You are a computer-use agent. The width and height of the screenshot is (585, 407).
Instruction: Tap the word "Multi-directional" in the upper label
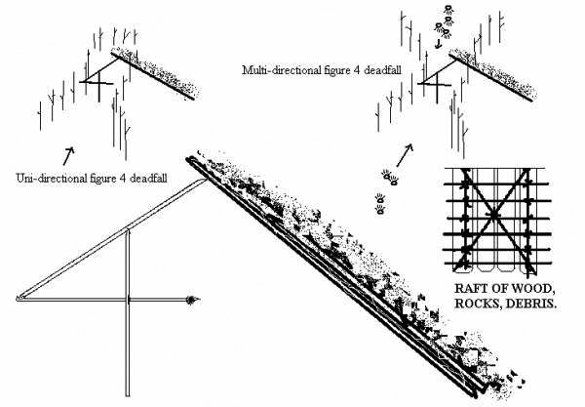coord(286,70)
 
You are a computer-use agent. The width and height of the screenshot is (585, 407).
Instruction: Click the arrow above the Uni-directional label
coord(68,153)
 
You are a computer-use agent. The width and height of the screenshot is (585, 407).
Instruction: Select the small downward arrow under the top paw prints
coord(439,43)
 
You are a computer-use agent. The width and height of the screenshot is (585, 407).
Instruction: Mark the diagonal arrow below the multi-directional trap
coord(404,152)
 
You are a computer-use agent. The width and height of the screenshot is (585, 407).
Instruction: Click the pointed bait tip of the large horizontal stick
coord(195,300)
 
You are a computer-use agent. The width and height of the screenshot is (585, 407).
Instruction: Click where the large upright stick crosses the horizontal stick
coord(128,300)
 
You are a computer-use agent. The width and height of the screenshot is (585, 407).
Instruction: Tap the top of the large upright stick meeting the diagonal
coord(128,231)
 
